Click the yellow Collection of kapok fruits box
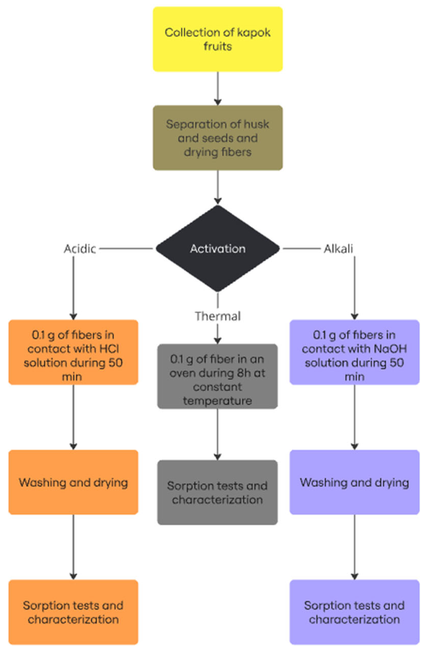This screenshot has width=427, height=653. (217, 39)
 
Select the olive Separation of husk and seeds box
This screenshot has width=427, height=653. (217, 137)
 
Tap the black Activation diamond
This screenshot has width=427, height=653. (217, 248)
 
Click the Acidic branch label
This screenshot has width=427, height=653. (80, 249)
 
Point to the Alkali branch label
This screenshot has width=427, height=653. (338, 249)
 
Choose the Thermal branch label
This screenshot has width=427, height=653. (218, 316)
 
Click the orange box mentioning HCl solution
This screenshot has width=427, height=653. (73, 352)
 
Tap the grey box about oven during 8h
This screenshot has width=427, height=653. (217, 376)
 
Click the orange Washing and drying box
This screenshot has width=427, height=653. (73, 482)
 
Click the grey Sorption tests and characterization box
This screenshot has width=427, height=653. (217, 492)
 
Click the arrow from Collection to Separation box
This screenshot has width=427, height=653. (218, 88)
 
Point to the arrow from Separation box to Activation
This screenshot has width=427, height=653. (218, 187)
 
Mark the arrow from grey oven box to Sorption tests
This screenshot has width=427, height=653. (218, 434)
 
